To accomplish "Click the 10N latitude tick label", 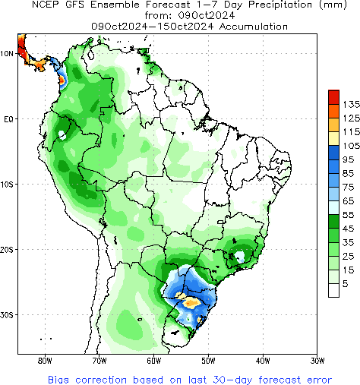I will point(7,54).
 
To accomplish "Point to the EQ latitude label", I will point(8,119).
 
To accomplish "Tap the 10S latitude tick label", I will point(7,185).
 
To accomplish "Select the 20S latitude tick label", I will point(7,250).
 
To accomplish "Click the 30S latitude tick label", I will point(7,315).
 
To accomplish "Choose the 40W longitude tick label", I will point(263,361).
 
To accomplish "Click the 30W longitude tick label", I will point(317,361).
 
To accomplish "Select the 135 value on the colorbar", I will point(350,103).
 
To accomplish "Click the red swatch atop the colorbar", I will point(333,96).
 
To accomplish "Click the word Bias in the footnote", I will point(61,378).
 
